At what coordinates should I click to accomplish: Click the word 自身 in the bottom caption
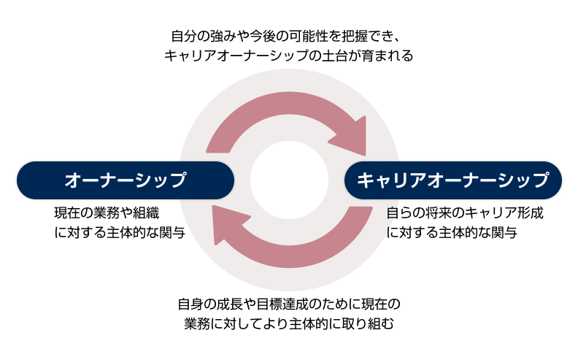coord(193,302)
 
